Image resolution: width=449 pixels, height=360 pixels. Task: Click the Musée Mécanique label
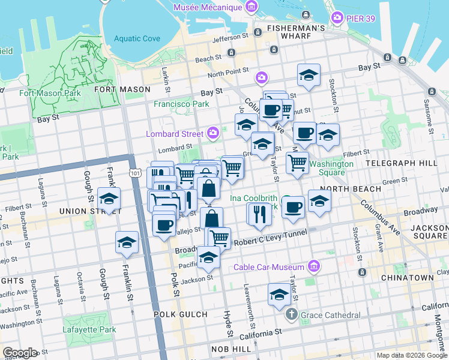207,8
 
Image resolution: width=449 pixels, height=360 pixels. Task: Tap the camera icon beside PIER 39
337,18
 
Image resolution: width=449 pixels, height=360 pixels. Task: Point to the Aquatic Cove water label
137,38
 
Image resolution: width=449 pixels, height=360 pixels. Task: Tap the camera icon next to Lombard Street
212,133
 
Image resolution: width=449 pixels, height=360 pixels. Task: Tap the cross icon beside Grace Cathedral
291,314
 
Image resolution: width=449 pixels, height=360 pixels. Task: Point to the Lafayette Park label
89,329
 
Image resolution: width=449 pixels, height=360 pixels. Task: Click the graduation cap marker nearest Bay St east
309,75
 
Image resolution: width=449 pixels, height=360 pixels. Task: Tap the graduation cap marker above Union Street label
109,198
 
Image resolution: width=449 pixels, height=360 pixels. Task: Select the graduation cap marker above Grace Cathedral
279,295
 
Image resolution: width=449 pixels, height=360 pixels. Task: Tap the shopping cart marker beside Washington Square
298,162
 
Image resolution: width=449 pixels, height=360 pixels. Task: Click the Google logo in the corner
20,353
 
